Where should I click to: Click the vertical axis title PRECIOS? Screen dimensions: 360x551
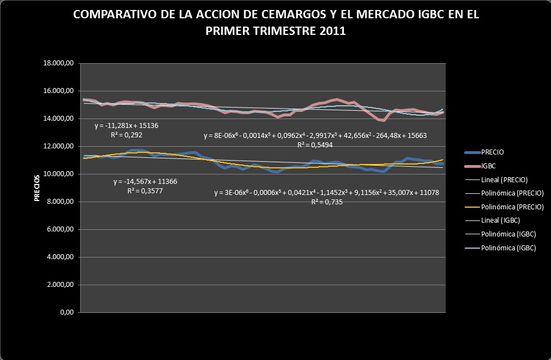click(37, 188)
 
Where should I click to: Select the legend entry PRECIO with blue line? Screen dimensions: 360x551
click(492, 151)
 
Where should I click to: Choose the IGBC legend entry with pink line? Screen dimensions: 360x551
click(489, 165)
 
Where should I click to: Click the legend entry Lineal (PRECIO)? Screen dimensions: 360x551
click(504, 179)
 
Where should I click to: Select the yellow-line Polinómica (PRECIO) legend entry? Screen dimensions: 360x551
click(512, 207)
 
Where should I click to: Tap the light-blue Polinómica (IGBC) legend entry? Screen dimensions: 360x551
click(509, 248)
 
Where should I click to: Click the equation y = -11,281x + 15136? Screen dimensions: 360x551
click(127, 126)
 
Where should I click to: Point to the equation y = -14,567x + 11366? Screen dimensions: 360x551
click(145, 182)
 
